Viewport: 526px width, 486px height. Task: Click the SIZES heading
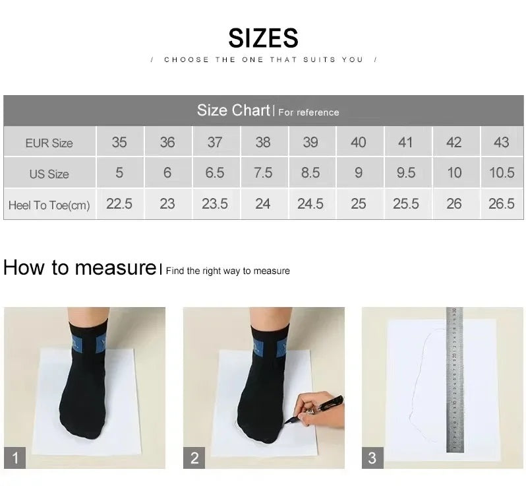point(263,38)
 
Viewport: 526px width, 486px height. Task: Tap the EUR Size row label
point(49,143)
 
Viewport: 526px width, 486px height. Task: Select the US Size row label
point(49,174)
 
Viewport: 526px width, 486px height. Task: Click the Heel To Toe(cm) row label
point(49,205)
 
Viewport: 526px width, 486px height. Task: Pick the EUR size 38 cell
point(263,142)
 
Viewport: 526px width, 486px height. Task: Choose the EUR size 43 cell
point(502,142)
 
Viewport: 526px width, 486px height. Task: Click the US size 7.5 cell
point(263,173)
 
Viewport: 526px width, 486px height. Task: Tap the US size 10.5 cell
point(502,173)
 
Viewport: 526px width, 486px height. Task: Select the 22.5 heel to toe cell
point(119,203)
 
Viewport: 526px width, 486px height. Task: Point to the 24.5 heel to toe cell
point(310,203)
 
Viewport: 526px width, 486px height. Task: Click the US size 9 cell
point(359,173)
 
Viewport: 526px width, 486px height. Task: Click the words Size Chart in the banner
point(233,110)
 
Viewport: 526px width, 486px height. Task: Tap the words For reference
point(308,112)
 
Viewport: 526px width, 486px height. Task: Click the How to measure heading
point(80,268)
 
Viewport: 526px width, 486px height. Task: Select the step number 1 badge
point(15,458)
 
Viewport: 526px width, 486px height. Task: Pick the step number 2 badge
point(194,458)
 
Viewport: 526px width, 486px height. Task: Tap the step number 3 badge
point(372,458)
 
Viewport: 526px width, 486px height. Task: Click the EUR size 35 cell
point(119,142)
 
